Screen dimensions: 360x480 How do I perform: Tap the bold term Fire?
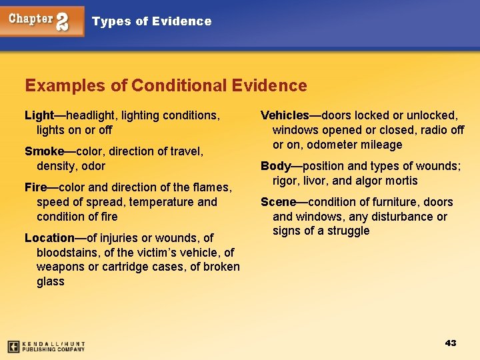[35, 187]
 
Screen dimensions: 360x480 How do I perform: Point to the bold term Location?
[49, 238]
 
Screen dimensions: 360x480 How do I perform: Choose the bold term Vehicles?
[285, 115]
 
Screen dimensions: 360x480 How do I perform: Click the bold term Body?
[275, 166]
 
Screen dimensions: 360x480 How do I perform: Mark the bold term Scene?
[278, 202]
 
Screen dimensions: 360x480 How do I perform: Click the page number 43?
[451, 343]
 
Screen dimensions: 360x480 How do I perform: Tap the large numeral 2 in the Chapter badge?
[62, 22]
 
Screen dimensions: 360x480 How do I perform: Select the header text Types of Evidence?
[151, 21]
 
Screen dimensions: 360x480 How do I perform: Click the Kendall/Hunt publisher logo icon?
[13, 347]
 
